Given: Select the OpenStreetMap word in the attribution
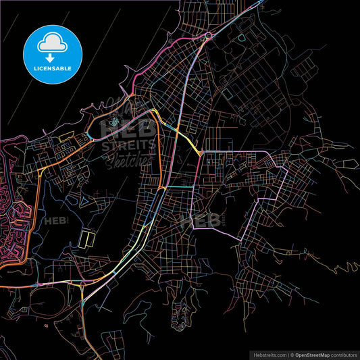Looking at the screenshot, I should (x=309, y=354).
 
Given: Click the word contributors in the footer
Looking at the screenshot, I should (x=342, y=354).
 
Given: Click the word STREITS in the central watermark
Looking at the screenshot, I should (x=128, y=145).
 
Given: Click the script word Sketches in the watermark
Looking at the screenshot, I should (x=128, y=160).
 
